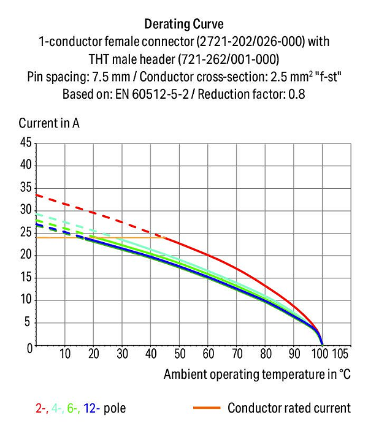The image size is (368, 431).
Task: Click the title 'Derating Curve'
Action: [x=184, y=24]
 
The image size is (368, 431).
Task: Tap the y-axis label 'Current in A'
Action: [x=49, y=123]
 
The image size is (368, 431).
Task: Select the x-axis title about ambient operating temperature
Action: [x=257, y=374]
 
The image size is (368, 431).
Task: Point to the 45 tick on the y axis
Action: [x=26, y=142]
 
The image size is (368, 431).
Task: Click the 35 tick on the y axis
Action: [x=26, y=188]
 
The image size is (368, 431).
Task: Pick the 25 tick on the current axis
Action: [x=26, y=232]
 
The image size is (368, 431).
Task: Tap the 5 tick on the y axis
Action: [x=27, y=322]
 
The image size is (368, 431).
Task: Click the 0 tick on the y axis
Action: [x=29, y=348]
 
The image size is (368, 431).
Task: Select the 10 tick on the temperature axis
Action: [x=65, y=354]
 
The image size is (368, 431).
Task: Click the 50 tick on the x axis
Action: [x=180, y=354]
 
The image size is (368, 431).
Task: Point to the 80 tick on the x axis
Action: [x=266, y=354]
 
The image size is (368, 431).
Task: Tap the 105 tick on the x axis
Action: [x=340, y=354]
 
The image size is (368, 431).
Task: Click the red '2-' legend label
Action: [x=42, y=408]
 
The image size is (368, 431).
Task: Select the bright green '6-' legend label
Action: [x=74, y=408]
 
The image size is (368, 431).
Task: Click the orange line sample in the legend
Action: [x=207, y=408]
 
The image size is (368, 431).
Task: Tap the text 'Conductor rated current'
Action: [x=289, y=408]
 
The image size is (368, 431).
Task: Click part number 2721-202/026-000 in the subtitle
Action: [x=251, y=42]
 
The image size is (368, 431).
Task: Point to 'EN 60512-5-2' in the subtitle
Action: [x=152, y=94]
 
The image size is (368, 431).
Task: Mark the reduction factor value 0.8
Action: [x=296, y=94]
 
